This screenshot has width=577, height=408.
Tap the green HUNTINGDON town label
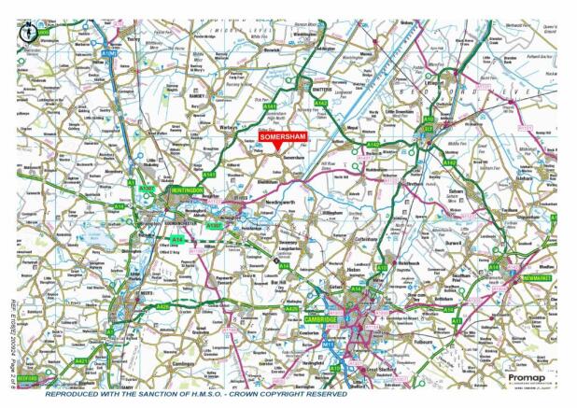pos(187,190)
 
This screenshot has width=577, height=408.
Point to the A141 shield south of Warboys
pos(208,175)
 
